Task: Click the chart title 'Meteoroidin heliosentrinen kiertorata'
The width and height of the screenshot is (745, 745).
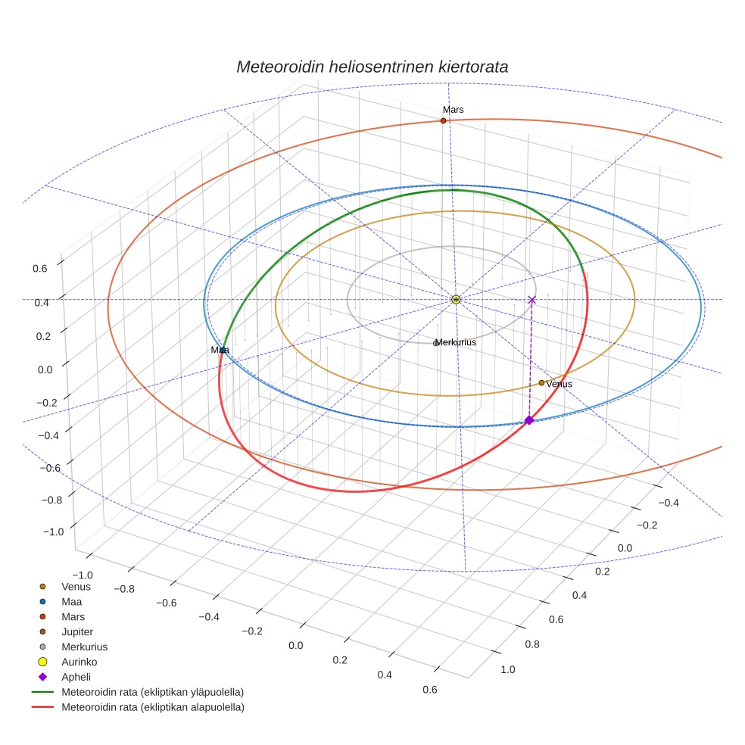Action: coord(372,67)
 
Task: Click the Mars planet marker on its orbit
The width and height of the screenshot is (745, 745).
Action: coord(443,121)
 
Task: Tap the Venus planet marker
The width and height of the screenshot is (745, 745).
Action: coord(541,383)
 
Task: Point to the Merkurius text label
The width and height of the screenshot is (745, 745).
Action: coord(456,343)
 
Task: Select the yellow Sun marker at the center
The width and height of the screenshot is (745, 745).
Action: coord(456,300)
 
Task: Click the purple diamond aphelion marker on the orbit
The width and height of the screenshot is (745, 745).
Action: coord(529,420)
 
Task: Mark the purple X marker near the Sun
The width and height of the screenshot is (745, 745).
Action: coord(531,300)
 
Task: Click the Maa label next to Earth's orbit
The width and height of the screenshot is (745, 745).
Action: coord(220,351)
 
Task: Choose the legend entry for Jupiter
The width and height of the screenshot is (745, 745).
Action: coord(76,631)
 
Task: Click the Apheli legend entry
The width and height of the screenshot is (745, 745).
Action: coord(76,677)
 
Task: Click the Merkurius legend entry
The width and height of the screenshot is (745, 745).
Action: coord(84,647)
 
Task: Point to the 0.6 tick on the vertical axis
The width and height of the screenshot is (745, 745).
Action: coord(39,267)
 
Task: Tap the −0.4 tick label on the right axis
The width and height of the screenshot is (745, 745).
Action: coord(670,503)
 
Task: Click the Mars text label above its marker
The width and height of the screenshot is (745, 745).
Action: coord(453,110)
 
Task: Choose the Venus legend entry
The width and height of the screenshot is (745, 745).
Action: coord(76,586)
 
